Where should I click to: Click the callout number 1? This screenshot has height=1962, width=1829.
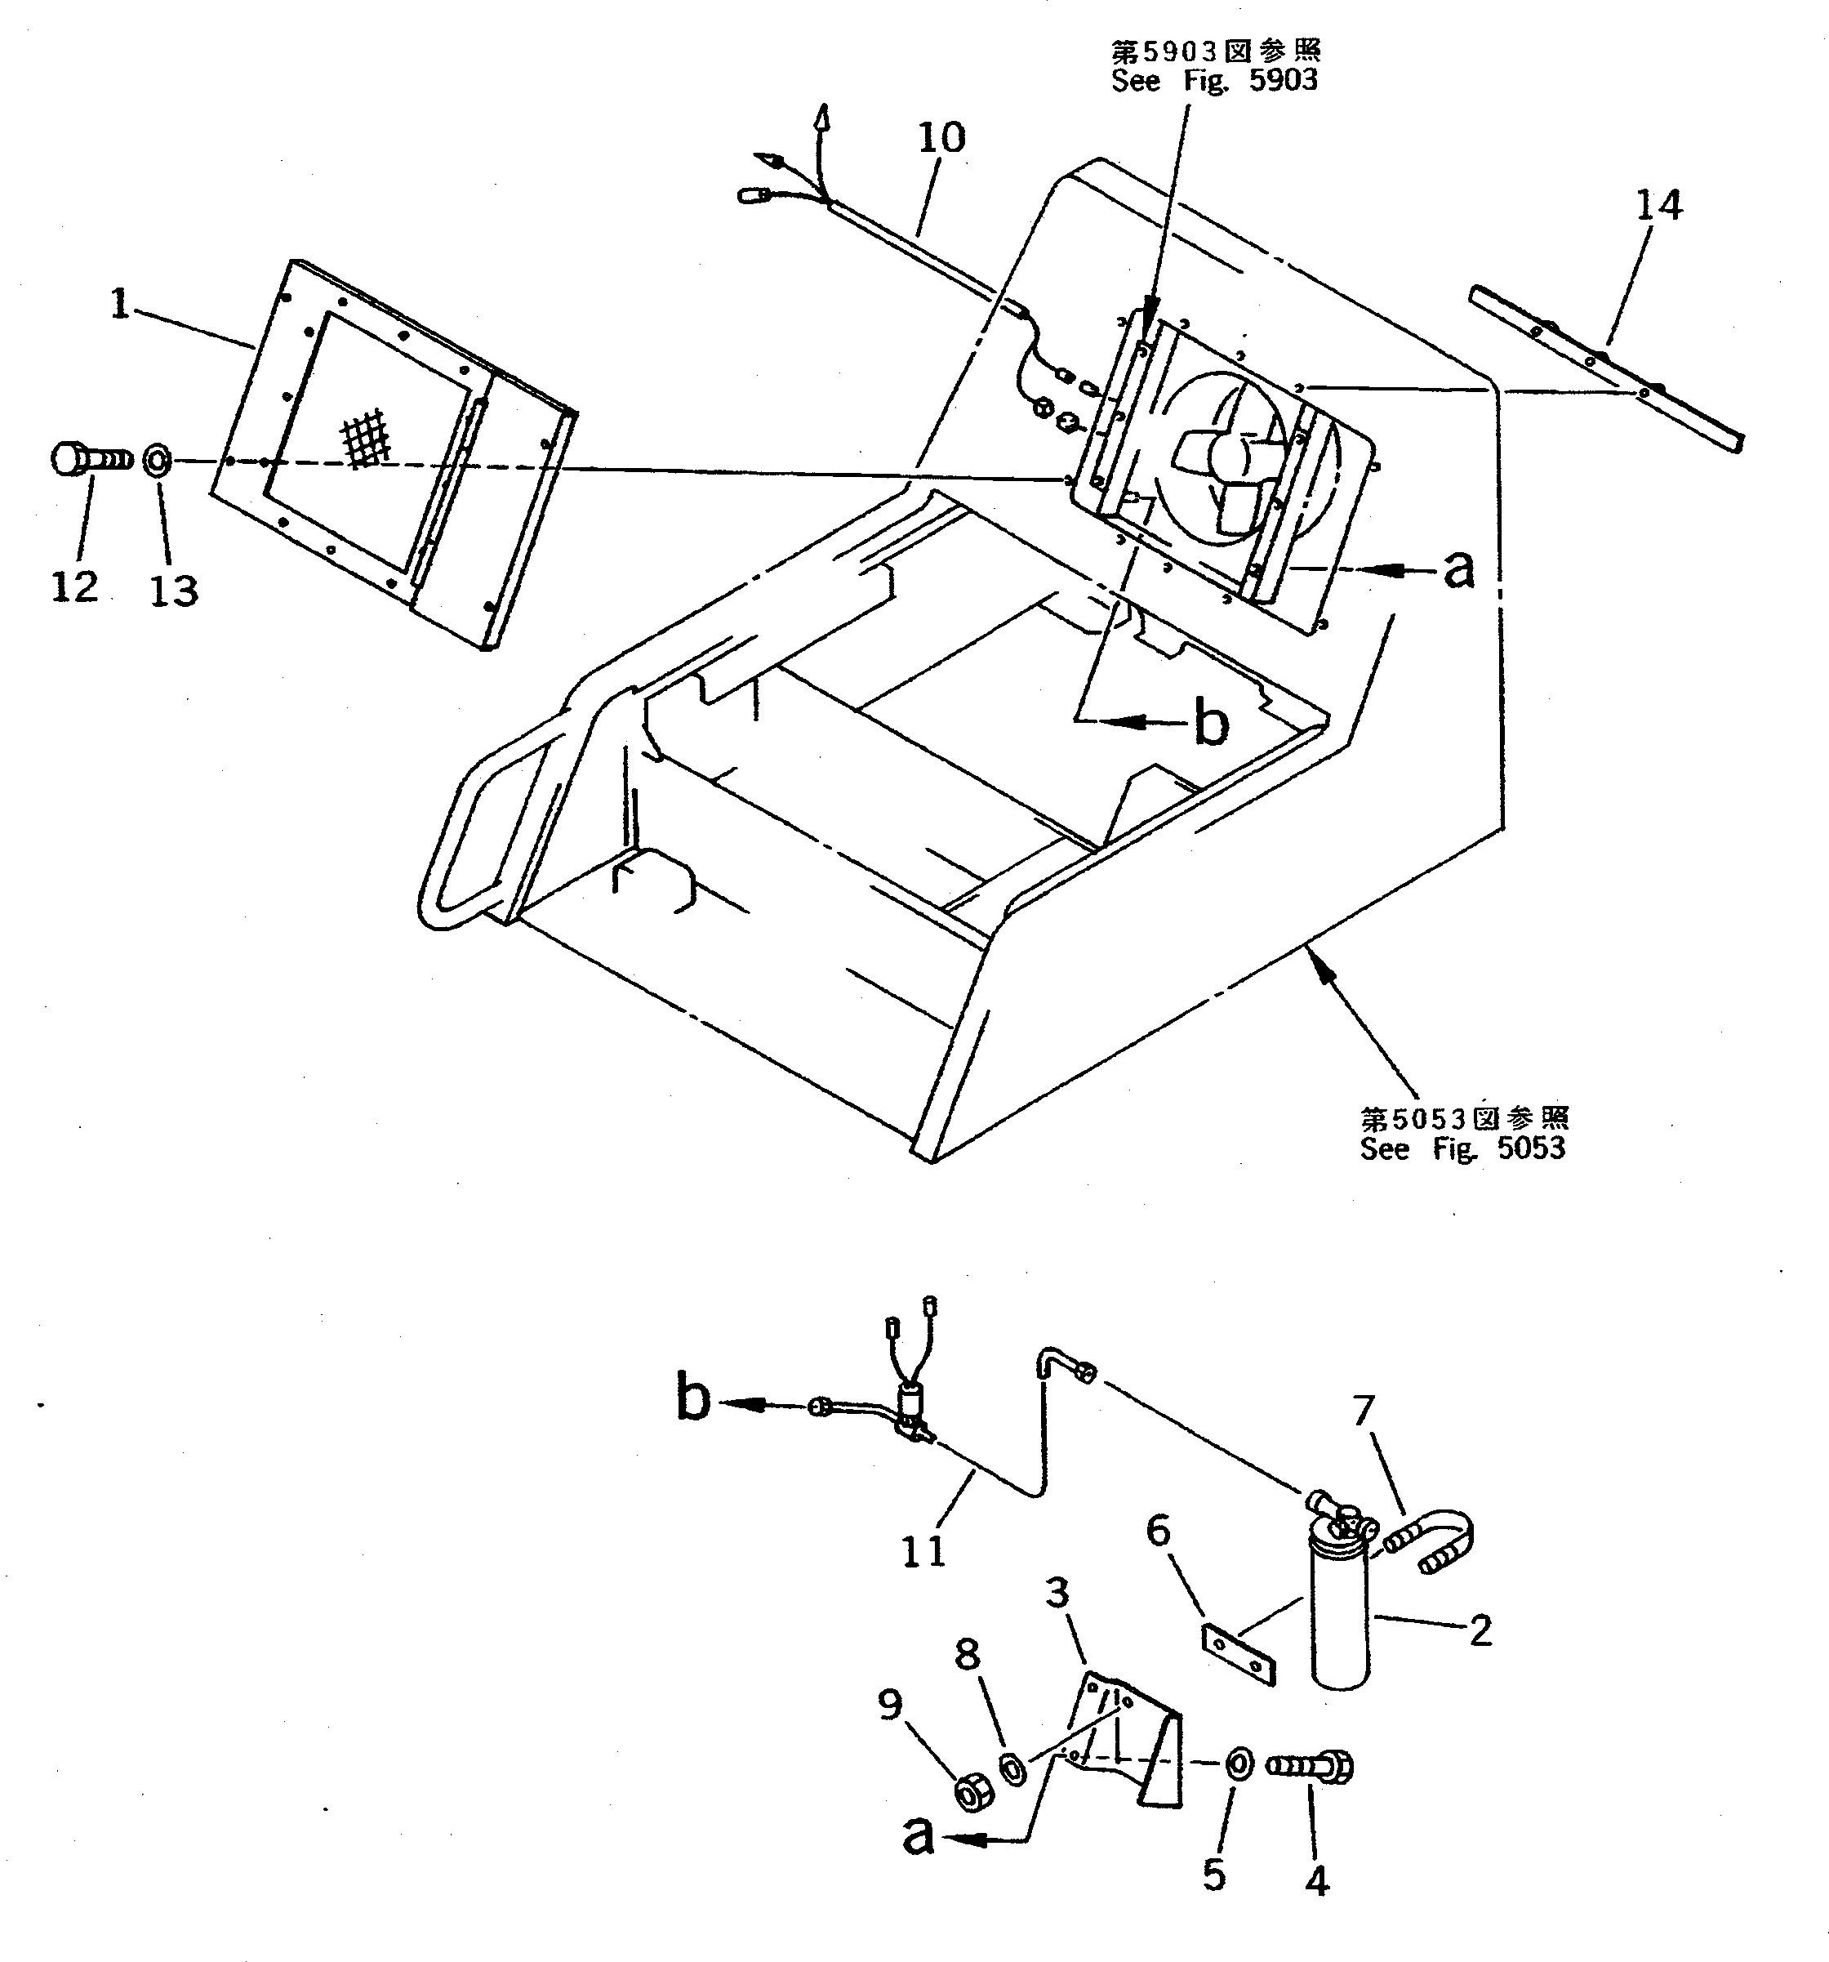coord(120,304)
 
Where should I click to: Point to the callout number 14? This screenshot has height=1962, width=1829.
coord(1658,205)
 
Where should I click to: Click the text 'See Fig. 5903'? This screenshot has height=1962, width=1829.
coord(1213,81)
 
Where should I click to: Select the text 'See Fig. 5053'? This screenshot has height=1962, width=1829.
coord(1463,1148)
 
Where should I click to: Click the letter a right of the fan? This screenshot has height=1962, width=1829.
coord(1458,569)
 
